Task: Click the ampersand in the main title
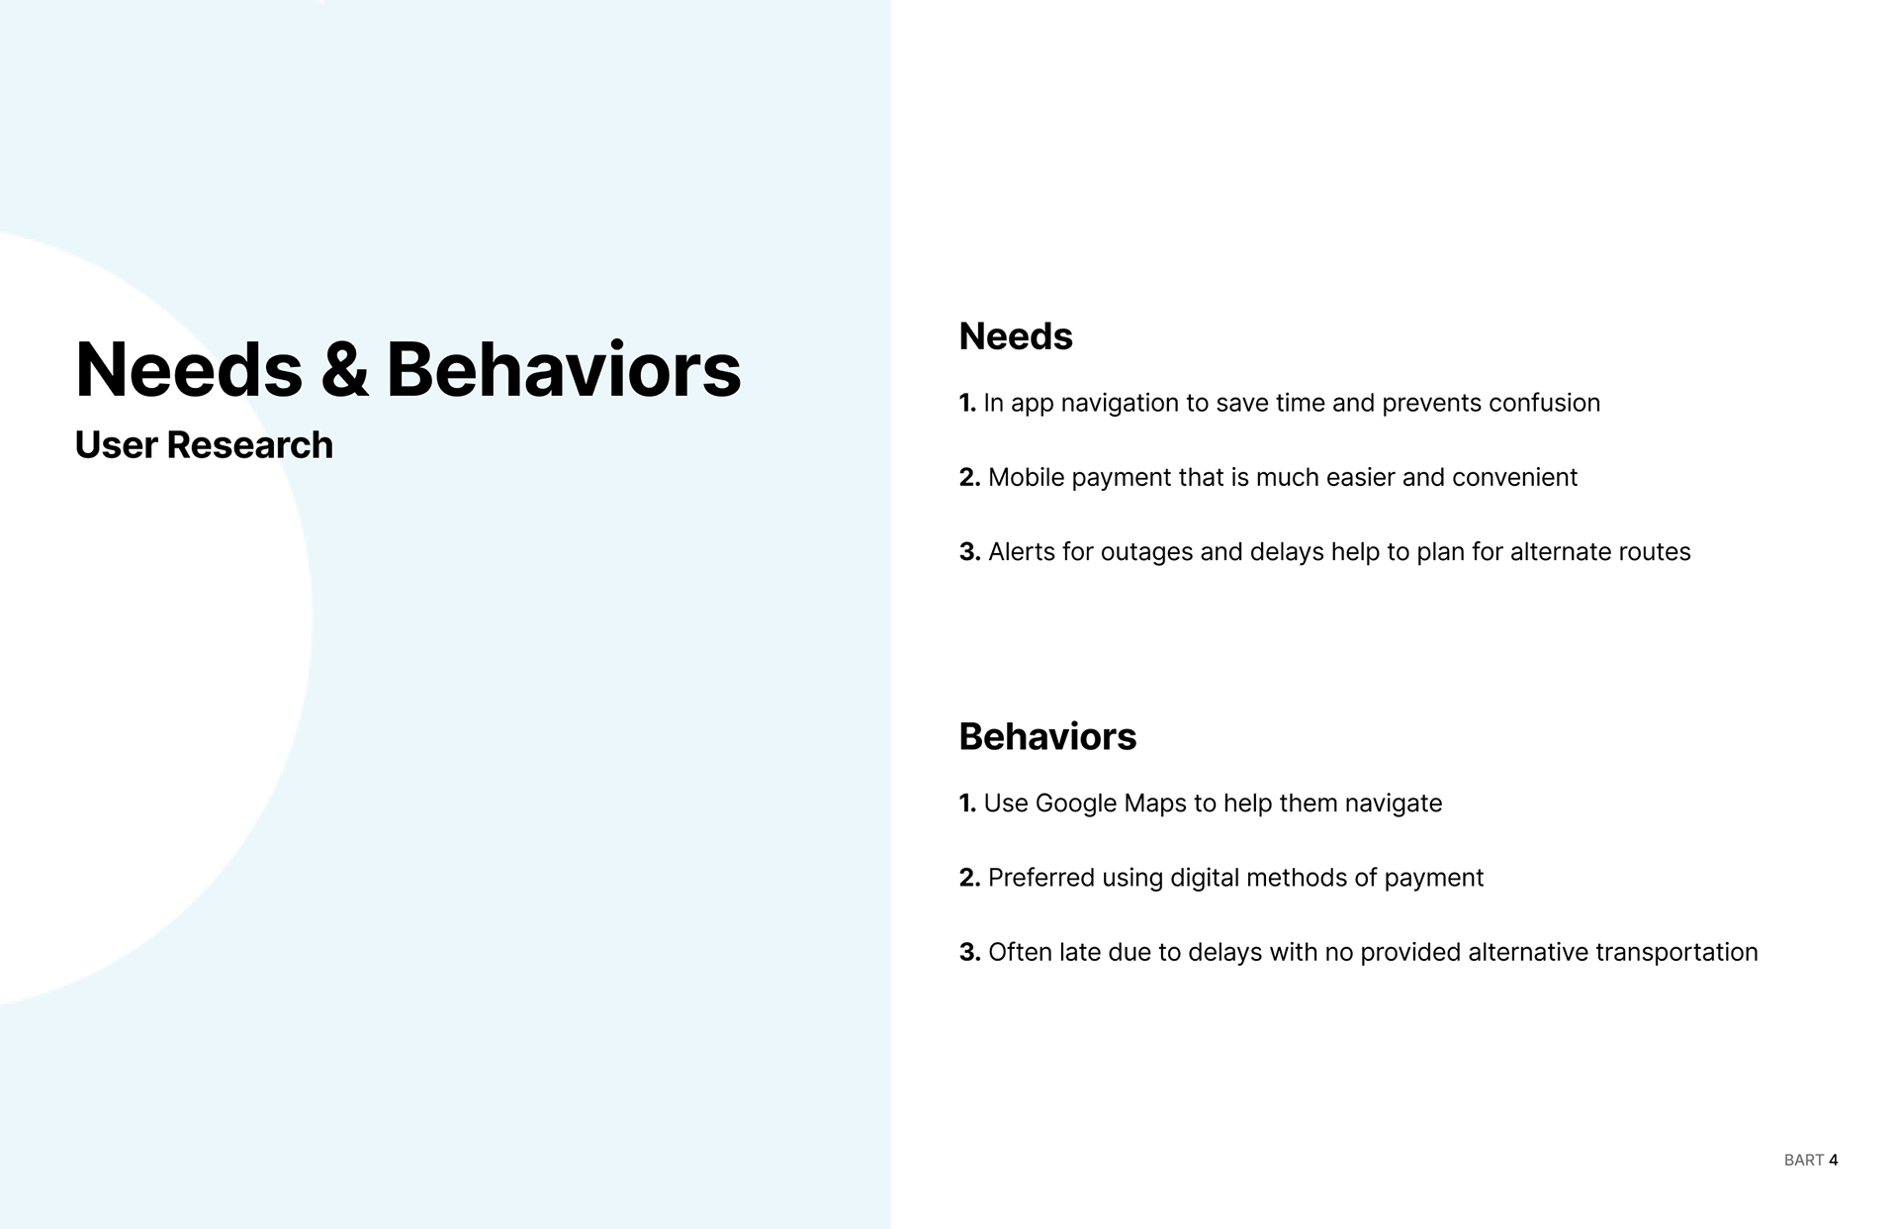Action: pyautogui.click(x=344, y=370)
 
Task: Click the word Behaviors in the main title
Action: pyautogui.click(x=563, y=369)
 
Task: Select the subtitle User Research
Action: pyautogui.click(x=204, y=445)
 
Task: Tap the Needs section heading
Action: pyautogui.click(x=1016, y=336)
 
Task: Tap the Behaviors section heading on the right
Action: pyautogui.click(x=1047, y=737)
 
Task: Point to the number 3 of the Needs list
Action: pyautogui.click(x=969, y=552)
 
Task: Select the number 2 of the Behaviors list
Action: pyautogui.click(x=969, y=879)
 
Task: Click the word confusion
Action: pyautogui.click(x=1544, y=404)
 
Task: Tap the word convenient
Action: pyautogui.click(x=1514, y=478)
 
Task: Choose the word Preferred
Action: pyautogui.click(x=1041, y=878)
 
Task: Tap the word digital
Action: pyautogui.click(x=1205, y=879)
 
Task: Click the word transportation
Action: pyautogui.click(x=1676, y=953)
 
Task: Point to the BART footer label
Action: pyautogui.click(x=1804, y=1160)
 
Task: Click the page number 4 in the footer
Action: pyautogui.click(x=1834, y=1160)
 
